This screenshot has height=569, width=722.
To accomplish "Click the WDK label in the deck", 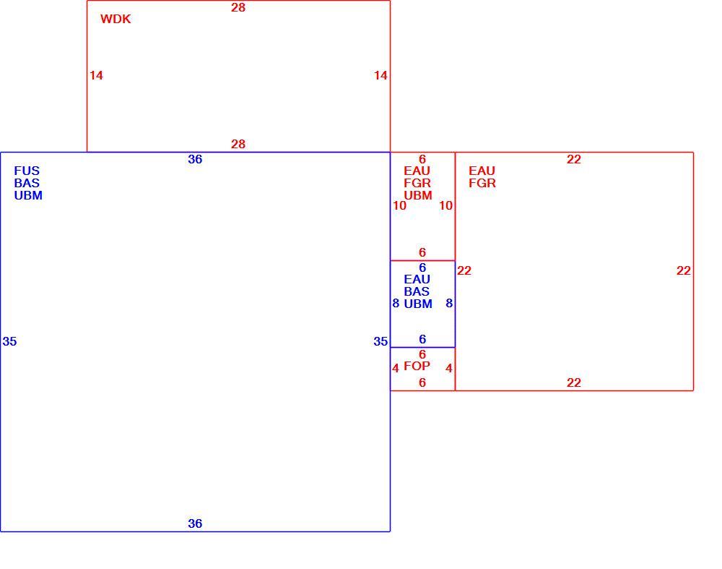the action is pos(116,19).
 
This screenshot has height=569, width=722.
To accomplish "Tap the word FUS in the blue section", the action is pos(27,171).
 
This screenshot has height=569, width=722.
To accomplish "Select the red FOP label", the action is pos(417,366).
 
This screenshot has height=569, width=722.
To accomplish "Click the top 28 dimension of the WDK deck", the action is pos(238,7).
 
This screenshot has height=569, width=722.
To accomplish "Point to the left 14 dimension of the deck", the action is pos(96,75).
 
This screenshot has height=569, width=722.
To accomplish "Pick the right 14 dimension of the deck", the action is pos(380,75).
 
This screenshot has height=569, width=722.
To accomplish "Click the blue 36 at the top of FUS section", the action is pos(195,159).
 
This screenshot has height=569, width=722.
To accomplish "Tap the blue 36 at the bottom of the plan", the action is pos(195,523).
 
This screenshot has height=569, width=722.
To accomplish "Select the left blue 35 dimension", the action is pos(9,341).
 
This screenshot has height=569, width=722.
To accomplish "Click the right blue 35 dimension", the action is pos(380,341).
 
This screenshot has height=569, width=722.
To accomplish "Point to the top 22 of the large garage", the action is pos(574,159).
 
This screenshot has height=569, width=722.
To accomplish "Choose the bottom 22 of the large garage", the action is pos(574,382).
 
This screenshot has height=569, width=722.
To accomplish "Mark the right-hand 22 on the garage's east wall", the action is pos(683,270).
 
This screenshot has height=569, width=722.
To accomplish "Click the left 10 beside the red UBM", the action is pos(399,205).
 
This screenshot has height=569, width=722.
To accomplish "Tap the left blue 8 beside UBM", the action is pos(396,304).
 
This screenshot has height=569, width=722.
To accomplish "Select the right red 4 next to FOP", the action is pos(449,368).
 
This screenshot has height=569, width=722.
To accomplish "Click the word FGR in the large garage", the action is pos(482,183).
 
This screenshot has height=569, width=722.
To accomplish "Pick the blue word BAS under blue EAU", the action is pos(417,291).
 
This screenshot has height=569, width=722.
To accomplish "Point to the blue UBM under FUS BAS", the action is pos(28,195).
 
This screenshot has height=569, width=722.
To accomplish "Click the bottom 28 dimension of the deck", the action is pos(238,144).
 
